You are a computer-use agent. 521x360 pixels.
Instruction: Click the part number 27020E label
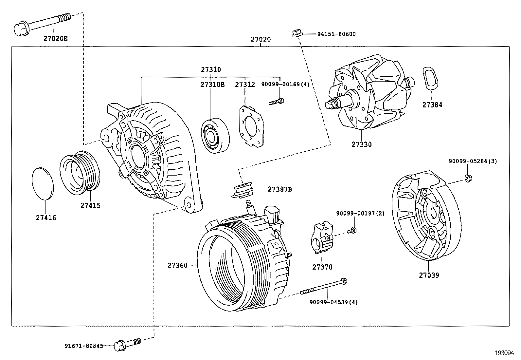click(x=56, y=38)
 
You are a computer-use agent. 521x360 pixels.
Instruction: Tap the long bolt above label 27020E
click(x=43, y=24)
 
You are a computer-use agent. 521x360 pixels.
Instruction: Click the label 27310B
click(x=212, y=85)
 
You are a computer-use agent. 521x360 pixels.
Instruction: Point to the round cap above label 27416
click(x=43, y=183)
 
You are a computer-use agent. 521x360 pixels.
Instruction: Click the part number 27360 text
click(x=177, y=265)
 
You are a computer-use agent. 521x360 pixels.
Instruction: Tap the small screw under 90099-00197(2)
click(x=352, y=230)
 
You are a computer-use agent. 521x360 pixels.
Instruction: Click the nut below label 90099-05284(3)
click(x=468, y=179)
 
